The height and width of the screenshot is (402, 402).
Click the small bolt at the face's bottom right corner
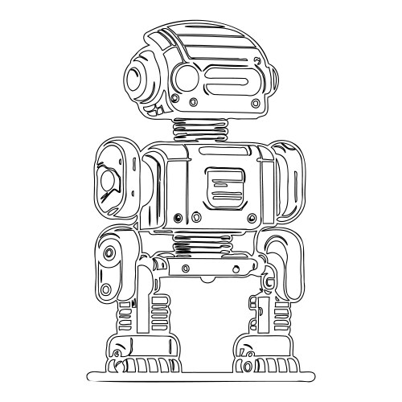pos(256,104)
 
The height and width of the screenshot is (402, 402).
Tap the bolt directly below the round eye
pos(194,101)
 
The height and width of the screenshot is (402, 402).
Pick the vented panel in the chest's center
pos(224,188)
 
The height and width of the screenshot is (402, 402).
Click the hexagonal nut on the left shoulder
pos(108,183)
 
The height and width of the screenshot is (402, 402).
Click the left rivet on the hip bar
pos(187,267)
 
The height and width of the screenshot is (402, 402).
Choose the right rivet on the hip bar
pos(236,267)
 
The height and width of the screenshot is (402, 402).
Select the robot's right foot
pos(265,357)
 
